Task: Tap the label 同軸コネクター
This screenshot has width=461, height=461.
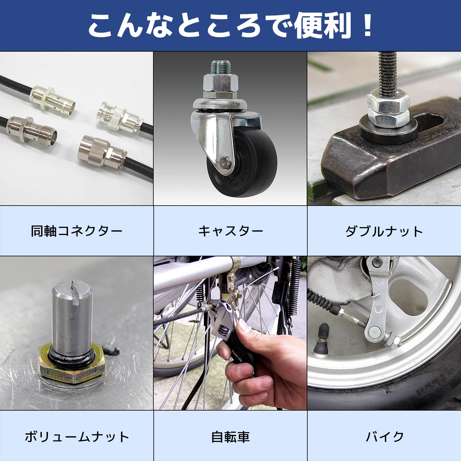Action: coord(77,231)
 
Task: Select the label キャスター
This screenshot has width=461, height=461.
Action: coord(230,231)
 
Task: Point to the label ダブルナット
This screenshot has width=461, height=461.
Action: coord(384,231)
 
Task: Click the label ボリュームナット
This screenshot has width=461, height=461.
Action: coord(77,436)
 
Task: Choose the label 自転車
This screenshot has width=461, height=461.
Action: coord(230,436)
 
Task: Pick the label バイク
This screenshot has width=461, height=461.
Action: coord(384,436)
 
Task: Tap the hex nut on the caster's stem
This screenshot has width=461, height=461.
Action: coord(220,83)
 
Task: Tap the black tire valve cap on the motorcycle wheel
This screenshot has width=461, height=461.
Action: coord(325,332)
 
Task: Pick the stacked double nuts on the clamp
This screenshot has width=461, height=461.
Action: coord(388,109)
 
